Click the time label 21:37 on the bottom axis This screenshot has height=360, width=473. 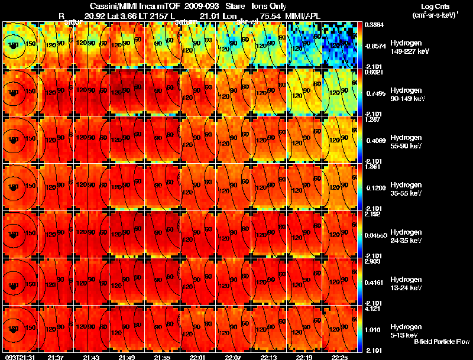click(x=56, y=357)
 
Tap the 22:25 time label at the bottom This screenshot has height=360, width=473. click(x=339, y=357)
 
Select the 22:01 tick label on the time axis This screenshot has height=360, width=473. click(x=197, y=357)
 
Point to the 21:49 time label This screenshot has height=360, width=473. click(x=127, y=357)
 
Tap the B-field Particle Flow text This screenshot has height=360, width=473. click(x=442, y=342)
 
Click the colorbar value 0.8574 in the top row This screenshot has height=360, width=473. click(x=373, y=45)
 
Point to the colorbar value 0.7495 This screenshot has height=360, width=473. click(x=373, y=93)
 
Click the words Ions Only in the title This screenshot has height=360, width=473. click(x=268, y=7)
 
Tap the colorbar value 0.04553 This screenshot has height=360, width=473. click(x=374, y=235)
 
